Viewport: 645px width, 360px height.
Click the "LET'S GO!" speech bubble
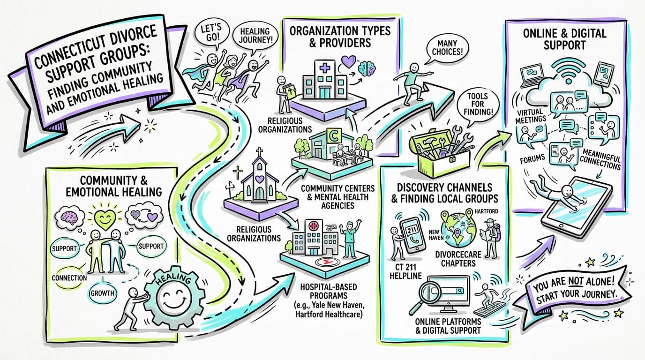pos(211,33)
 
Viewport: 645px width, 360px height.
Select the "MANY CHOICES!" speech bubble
pos(447,48)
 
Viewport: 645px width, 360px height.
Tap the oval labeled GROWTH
pos(102,293)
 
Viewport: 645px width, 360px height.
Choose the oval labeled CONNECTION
pos(69,278)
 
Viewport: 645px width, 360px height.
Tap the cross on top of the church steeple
pos(260,151)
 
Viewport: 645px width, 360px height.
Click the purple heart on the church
pos(260,179)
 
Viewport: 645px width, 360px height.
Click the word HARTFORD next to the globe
pos(486,211)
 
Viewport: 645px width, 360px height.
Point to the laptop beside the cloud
pos(532,76)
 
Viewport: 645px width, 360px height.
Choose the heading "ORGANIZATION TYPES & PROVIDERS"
pos(340,37)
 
